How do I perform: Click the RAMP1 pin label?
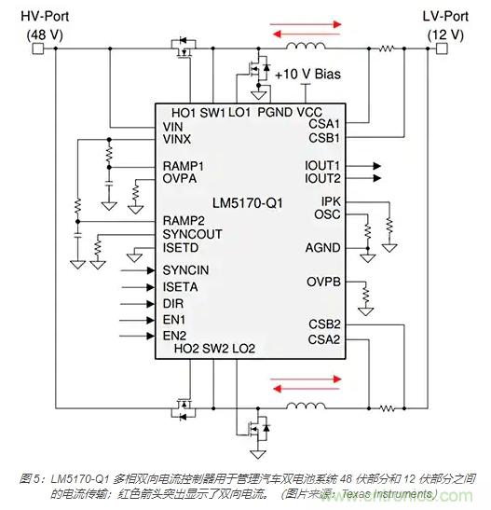[184, 165]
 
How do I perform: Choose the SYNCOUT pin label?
[192, 234]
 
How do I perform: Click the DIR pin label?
[174, 304]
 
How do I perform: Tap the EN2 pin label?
[174, 335]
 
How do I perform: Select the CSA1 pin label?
[324, 122]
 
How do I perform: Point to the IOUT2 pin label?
[323, 177]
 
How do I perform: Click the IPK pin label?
[332, 201]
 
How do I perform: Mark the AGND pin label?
[323, 247]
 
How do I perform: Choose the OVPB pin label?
[323, 283]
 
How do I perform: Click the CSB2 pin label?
[324, 324]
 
